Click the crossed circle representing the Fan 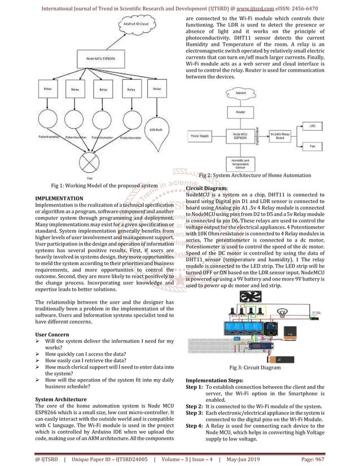tap(90, 164)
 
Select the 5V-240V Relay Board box tap(279, 136)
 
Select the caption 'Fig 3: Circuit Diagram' tap(254, 367)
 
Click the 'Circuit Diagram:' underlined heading tap(207, 188)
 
